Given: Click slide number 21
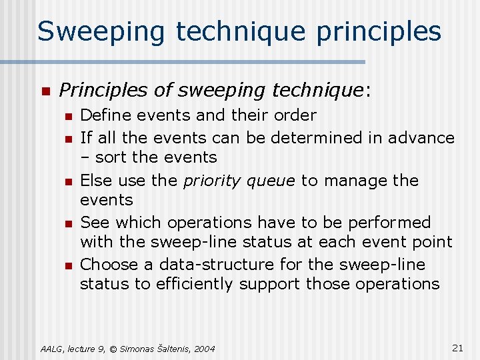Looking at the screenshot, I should click(x=457, y=347).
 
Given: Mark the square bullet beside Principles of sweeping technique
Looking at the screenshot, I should click(x=45, y=91).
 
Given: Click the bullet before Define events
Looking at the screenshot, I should click(x=68, y=117).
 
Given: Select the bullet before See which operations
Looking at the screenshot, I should click(x=68, y=223).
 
